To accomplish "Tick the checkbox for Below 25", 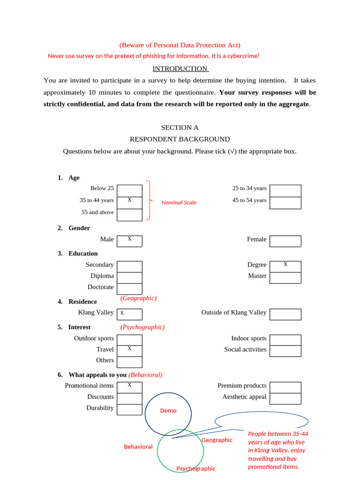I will [x=129, y=191].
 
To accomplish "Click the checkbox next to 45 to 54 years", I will [x=285, y=203].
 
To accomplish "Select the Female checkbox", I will [x=285, y=241].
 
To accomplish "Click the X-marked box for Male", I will [x=129, y=241].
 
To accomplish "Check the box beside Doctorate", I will [x=129, y=289].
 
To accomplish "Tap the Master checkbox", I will [x=285, y=278].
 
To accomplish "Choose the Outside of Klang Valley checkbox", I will [x=285, y=314].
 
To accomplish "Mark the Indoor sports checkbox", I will [x=285, y=340].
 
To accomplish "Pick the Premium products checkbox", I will [x=285, y=387].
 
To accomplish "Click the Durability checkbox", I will [x=129, y=409].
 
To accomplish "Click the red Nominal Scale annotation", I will [x=179, y=202].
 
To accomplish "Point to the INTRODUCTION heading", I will [x=180, y=68].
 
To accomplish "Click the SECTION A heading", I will [x=180, y=127].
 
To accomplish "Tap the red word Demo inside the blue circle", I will [x=168, y=411].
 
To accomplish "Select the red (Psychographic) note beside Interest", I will [x=142, y=327].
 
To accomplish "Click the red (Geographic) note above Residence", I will [x=138, y=298].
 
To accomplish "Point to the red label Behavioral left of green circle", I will [x=138, y=447].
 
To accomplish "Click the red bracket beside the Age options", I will [x=149, y=200].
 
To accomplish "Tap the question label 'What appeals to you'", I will [x=97, y=375].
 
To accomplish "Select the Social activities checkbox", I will [x=285, y=351].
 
